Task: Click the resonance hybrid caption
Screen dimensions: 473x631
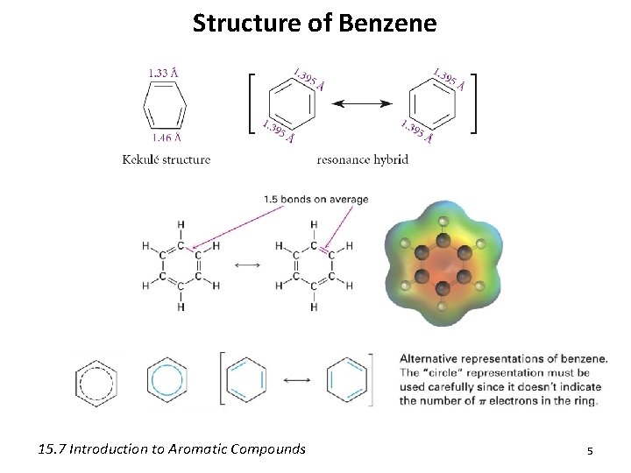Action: coord(362,159)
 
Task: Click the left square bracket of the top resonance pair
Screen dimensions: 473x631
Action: coord(252,103)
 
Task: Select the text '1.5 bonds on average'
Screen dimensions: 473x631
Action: coord(315,199)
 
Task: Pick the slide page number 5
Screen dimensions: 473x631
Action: coord(590,449)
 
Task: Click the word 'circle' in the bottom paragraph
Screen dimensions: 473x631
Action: coord(452,371)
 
